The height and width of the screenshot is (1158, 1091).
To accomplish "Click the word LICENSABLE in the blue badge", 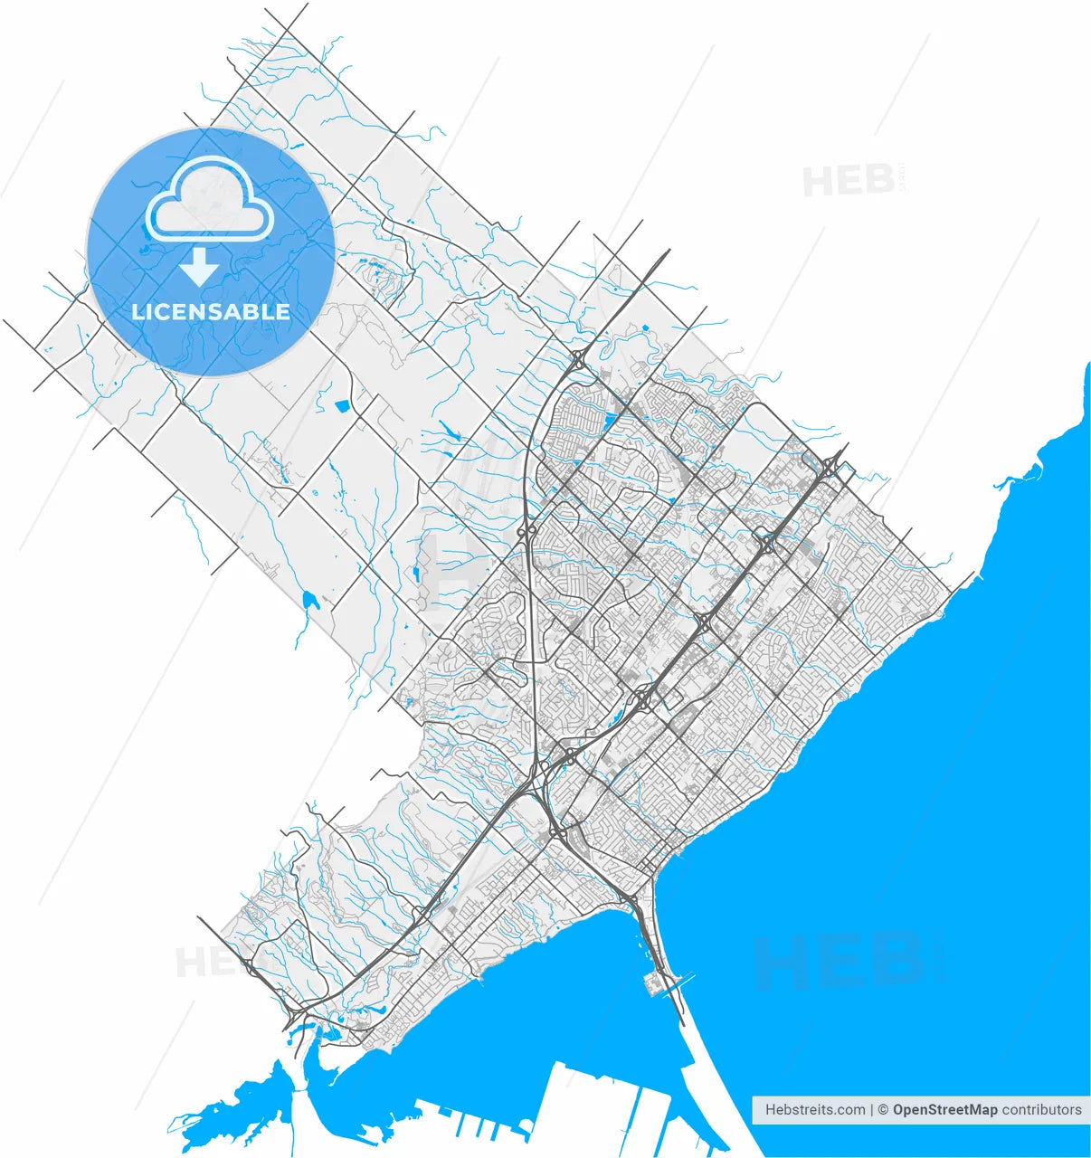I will coord(211,312).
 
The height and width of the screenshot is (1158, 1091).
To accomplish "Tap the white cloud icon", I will coord(211,202).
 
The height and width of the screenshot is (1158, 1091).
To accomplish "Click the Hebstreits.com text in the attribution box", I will coord(814,1109).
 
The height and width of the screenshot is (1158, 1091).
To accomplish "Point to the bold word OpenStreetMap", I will coord(944,1109).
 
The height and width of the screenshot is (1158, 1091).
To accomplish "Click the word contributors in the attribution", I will coord(1041,1109).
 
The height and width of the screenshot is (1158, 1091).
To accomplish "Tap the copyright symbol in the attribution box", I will coord(882,1109).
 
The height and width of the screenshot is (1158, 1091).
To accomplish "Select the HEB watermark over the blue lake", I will coord(837,961).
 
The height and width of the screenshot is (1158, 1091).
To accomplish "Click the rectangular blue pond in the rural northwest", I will coord(342,406).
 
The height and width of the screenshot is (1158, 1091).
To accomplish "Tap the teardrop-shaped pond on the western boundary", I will coord(309,599).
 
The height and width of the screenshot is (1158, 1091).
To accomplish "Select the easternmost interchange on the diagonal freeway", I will coord(830,465).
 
